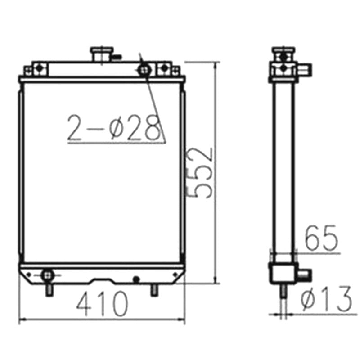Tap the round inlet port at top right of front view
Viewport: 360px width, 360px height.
(144, 70)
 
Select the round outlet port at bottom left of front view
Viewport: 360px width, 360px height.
(46, 274)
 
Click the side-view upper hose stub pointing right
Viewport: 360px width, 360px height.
(306, 69)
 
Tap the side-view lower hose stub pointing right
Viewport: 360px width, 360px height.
(304, 274)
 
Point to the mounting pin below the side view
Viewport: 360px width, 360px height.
(283, 292)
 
